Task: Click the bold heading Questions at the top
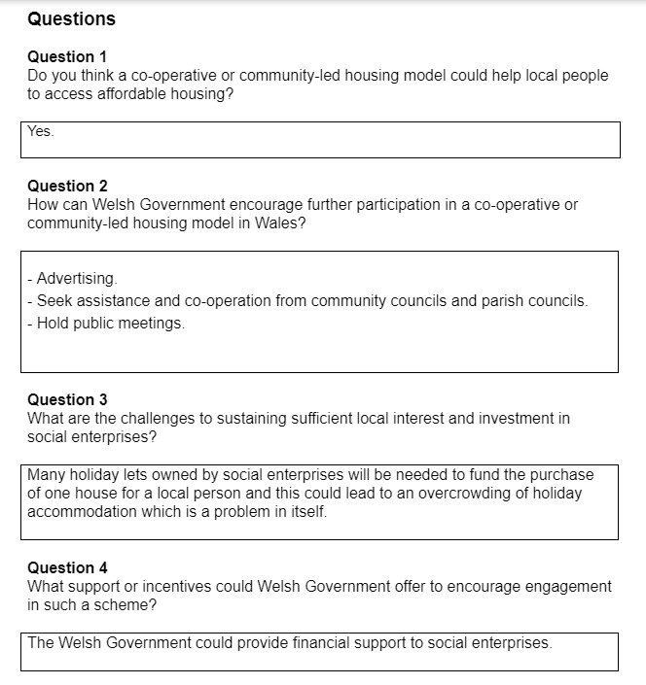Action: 71,19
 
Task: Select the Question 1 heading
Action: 67,56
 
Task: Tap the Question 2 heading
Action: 67,186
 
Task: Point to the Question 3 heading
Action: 67,399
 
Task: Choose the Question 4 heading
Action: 67,567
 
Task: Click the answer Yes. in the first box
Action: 41,131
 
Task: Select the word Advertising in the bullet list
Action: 77,279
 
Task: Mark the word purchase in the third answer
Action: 562,475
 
